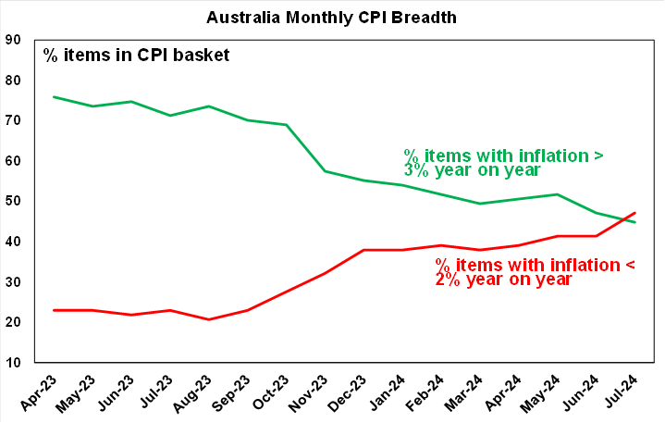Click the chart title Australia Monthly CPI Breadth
tap(331, 17)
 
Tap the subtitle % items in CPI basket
tap(136, 55)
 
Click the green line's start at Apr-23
tap(54, 97)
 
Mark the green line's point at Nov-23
tap(326, 171)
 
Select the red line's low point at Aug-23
tap(209, 319)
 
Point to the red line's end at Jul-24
tap(635, 213)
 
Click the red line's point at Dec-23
tap(364, 250)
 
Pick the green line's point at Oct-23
tap(287, 125)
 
